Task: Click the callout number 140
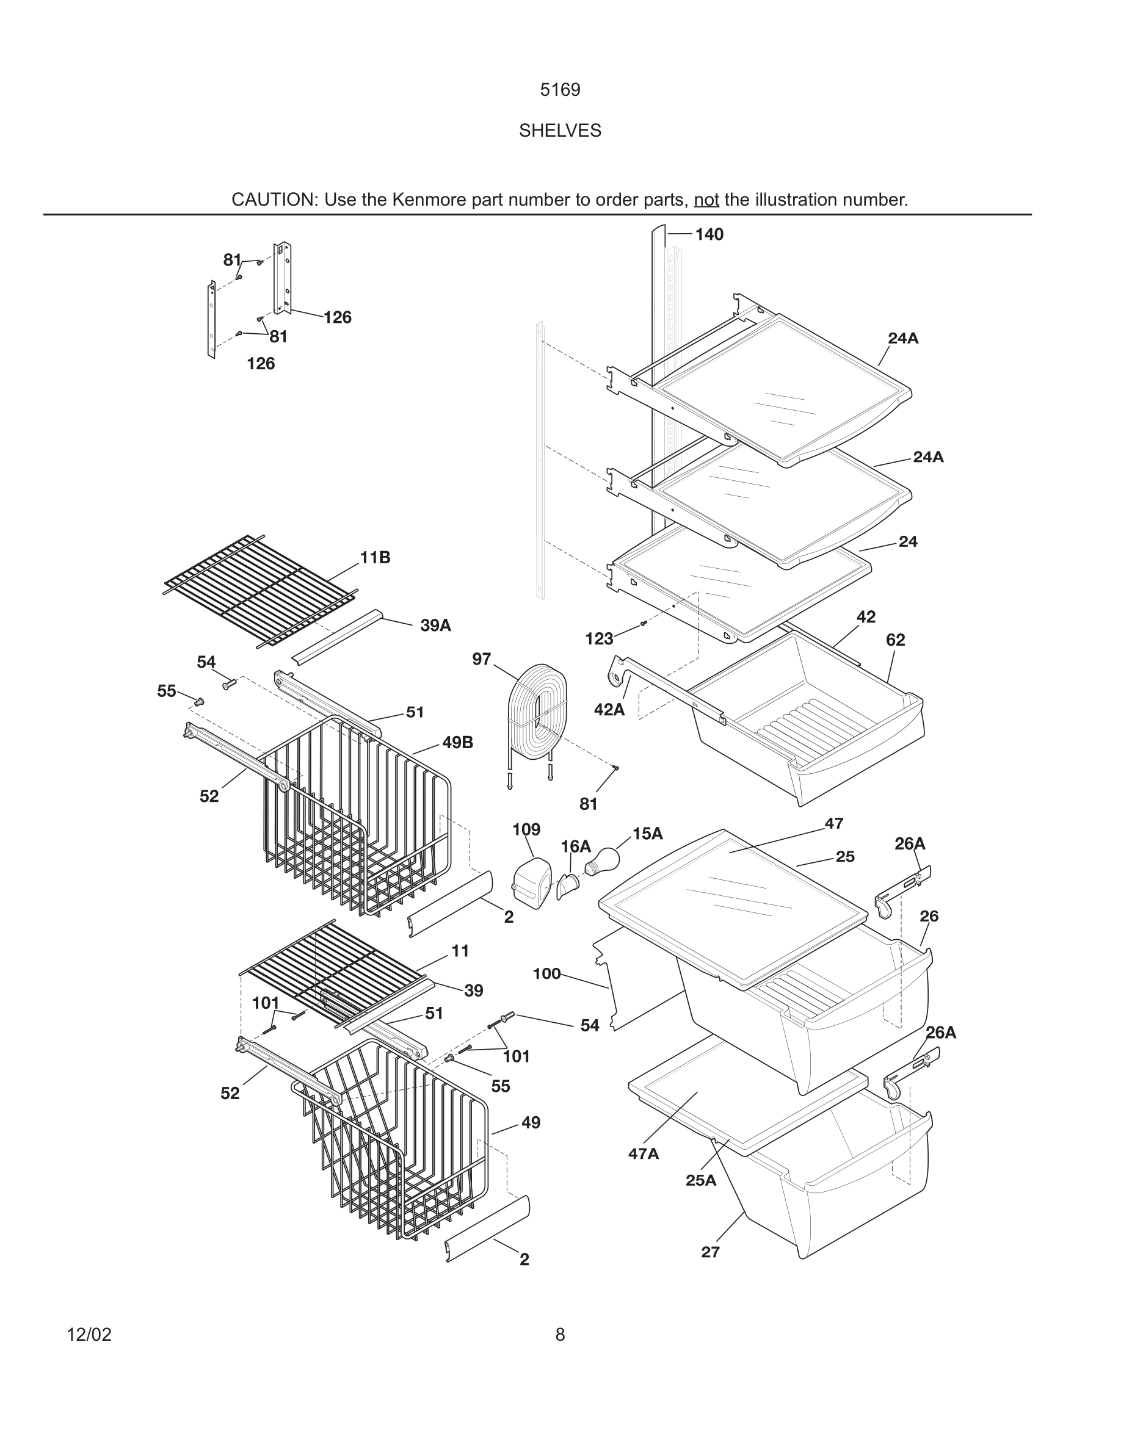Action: point(709,234)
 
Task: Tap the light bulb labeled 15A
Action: point(603,862)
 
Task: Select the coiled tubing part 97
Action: point(537,711)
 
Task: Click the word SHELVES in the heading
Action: point(560,131)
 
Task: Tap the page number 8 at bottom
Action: point(560,1335)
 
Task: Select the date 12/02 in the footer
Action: point(89,1335)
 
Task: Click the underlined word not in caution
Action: point(706,200)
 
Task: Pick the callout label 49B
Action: point(457,743)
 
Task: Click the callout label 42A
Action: point(609,710)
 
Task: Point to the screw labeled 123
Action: point(643,624)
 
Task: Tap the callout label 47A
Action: point(644,1154)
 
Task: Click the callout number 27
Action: point(710,1252)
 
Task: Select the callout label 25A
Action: point(701,1180)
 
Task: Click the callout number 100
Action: point(546,974)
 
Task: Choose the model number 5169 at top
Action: point(560,90)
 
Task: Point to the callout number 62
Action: point(895,640)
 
